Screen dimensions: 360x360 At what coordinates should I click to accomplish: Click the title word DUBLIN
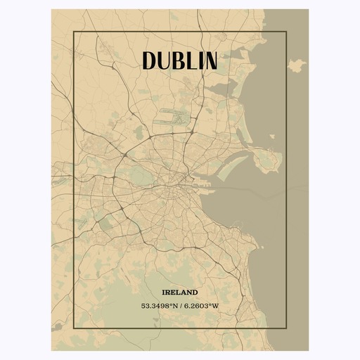[179, 60]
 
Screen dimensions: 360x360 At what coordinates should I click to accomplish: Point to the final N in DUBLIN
[209, 60]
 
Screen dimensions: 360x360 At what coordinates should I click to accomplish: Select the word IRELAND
[179, 292]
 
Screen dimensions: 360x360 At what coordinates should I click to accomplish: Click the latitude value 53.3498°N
[159, 306]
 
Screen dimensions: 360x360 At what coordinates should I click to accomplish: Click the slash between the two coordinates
[180, 306]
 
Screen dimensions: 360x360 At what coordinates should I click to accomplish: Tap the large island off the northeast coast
[297, 65]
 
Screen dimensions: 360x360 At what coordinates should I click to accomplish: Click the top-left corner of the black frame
[73, 32]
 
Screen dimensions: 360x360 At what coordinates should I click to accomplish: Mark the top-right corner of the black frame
[287, 32]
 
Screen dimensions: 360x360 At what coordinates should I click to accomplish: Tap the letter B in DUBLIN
[176, 60]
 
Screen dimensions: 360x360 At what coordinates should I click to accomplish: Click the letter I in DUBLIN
[198, 60]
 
